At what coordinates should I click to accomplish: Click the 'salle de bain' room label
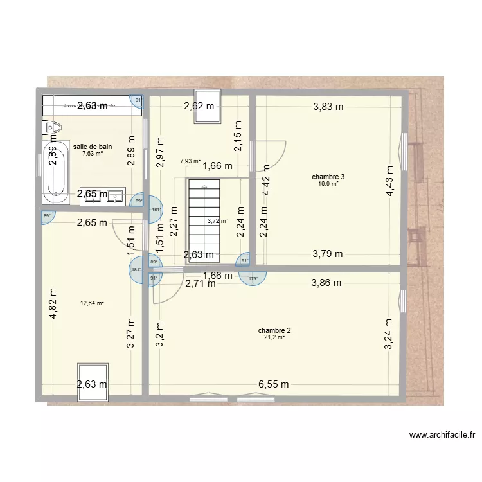tap(93, 147)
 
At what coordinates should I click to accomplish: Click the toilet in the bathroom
tap(51, 128)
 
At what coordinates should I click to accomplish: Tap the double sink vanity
tap(103, 195)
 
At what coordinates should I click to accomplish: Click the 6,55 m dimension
tap(274, 384)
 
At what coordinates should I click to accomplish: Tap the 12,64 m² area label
tap(93, 303)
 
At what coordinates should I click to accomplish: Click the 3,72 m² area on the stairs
tap(217, 220)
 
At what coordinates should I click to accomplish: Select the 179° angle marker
tap(253, 278)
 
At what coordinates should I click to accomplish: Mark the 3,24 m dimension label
tap(388, 334)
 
